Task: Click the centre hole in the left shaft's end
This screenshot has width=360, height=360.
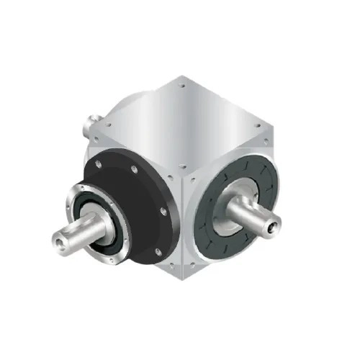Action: (x=57, y=238)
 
